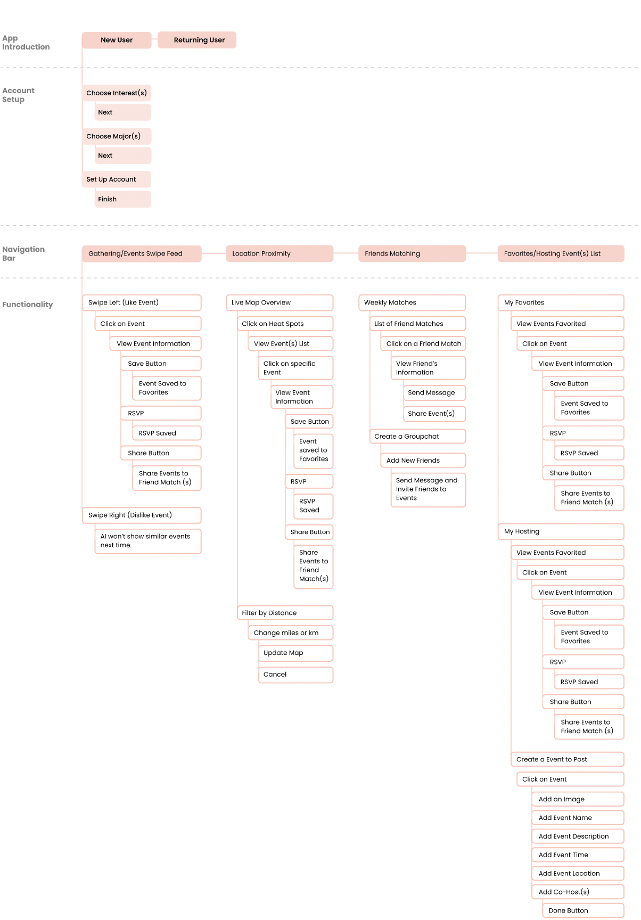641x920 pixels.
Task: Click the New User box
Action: (117, 40)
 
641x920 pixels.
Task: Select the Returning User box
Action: (197, 40)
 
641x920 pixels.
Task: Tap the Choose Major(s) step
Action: (117, 136)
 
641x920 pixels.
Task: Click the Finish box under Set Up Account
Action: (123, 199)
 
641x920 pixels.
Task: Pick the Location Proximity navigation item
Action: (280, 253)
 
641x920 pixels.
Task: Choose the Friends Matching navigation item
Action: (412, 253)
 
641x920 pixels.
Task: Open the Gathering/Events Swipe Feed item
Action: (142, 253)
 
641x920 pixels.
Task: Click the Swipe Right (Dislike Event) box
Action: (142, 515)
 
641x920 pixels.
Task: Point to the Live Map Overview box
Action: (280, 302)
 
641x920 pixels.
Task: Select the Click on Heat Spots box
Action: (285, 324)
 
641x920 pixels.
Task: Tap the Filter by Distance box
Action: (285, 613)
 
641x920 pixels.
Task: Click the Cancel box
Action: (296, 675)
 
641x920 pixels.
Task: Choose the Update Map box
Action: (296, 653)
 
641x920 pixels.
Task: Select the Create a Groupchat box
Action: (418, 437)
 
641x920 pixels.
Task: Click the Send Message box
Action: (434, 393)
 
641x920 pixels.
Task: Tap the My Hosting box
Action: (561, 531)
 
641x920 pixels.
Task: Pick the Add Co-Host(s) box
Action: (578, 892)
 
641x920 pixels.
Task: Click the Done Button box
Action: (583, 910)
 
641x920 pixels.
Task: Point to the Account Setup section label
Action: (18, 95)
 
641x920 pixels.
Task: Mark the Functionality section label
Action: (28, 305)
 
